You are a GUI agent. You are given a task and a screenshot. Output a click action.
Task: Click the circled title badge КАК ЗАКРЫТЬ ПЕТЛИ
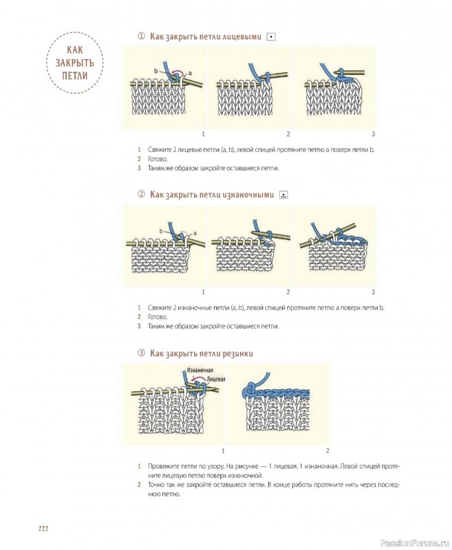(x=75, y=63)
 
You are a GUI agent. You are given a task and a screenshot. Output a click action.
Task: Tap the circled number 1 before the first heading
(x=141, y=36)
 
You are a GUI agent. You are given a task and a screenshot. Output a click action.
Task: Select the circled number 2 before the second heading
(x=141, y=195)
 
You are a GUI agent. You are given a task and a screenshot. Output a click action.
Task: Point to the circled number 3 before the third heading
(x=141, y=353)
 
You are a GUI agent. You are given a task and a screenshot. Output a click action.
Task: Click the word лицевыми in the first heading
(x=242, y=36)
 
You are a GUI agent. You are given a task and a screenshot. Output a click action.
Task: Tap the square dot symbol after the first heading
(x=271, y=37)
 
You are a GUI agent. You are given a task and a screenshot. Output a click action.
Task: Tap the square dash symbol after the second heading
(x=283, y=195)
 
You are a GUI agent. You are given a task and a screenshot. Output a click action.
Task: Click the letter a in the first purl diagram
(x=195, y=232)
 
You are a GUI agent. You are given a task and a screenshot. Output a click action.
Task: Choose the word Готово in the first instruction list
(x=158, y=159)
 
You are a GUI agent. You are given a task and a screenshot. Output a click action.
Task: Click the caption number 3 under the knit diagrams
(x=373, y=133)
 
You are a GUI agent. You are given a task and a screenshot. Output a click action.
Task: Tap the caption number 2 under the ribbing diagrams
(x=327, y=450)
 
